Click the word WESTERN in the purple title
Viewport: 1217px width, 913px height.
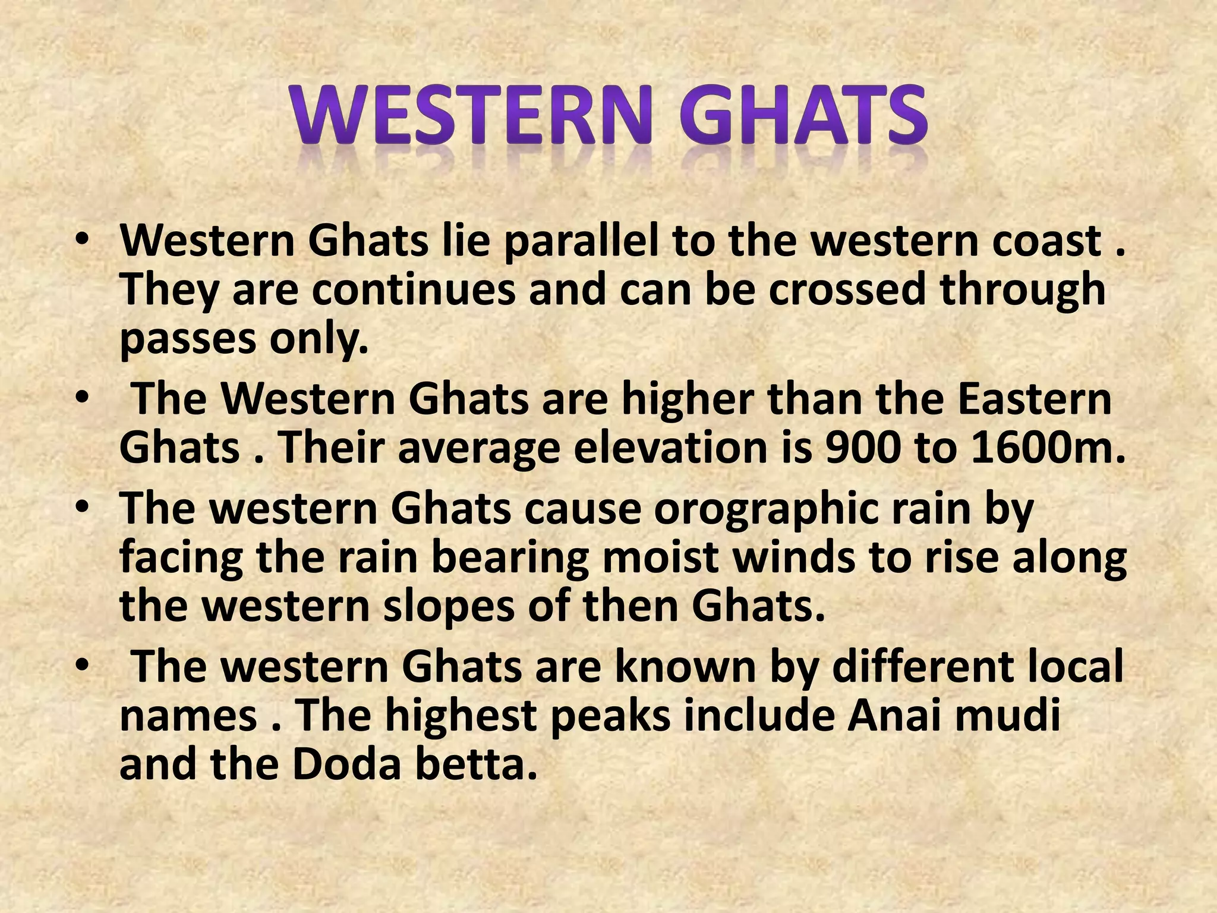(469, 116)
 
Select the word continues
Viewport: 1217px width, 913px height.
(414, 290)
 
